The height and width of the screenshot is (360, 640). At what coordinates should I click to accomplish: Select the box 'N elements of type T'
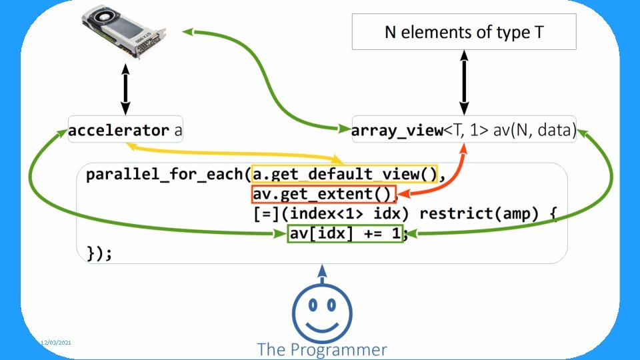tap(464, 31)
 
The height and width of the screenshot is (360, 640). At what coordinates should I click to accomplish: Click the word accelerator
tap(120, 131)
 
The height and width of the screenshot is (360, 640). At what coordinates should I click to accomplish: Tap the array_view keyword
tap(397, 131)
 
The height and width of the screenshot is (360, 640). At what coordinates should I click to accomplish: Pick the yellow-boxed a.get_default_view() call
tap(344, 175)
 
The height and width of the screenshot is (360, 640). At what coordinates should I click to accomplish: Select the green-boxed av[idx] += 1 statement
tap(345, 234)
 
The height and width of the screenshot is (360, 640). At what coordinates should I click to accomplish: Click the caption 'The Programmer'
tap(322, 349)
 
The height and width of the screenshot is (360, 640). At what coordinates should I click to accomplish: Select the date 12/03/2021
tap(57, 342)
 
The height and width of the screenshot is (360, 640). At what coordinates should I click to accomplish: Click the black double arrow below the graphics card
tap(125, 88)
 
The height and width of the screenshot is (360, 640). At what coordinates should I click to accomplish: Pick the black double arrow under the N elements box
tap(464, 83)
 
